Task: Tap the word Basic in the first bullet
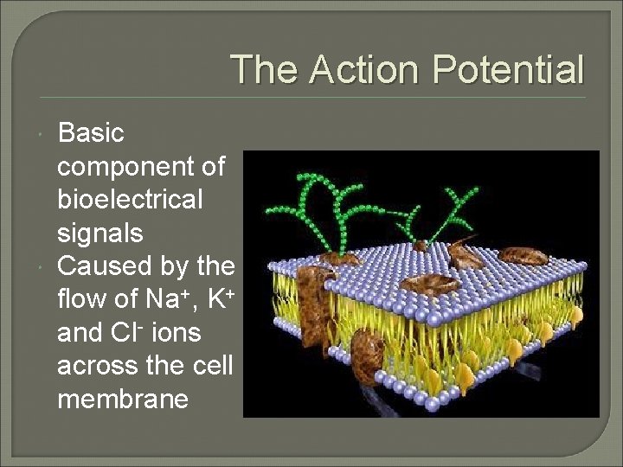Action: [91, 133]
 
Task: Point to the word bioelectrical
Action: [130, 200]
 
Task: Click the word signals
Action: [100, 233]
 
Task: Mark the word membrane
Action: [123, 399]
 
